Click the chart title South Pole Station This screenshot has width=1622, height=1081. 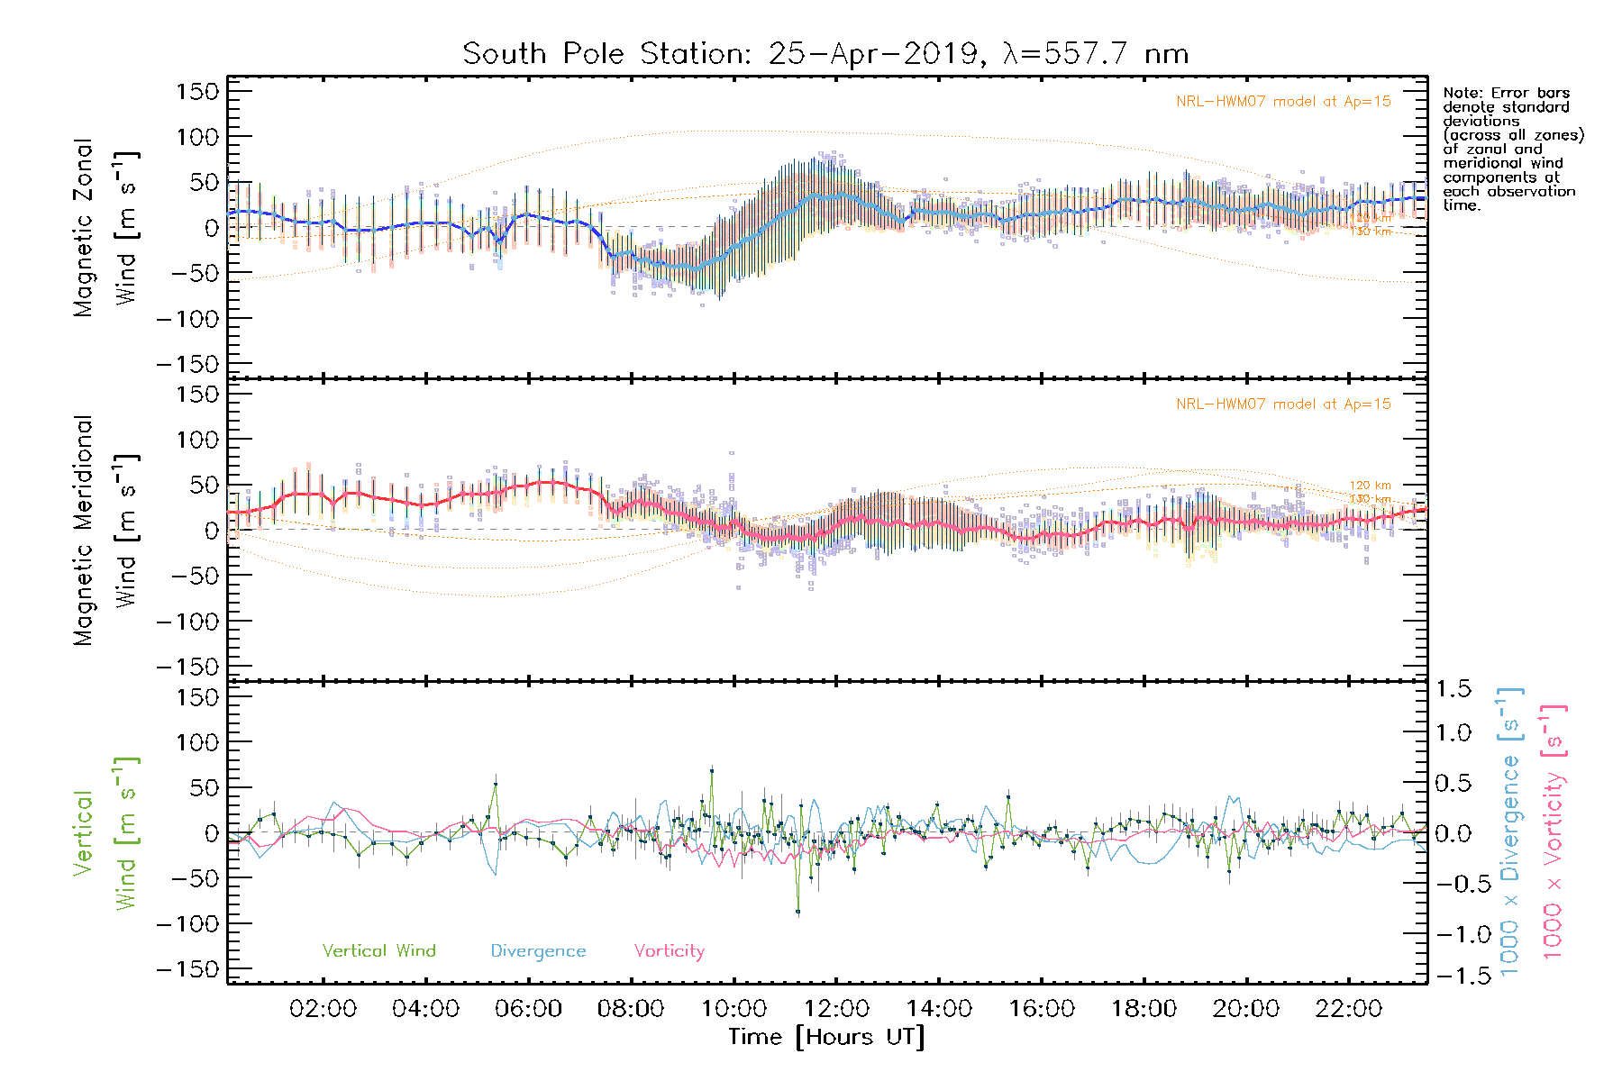(x=825, y=54)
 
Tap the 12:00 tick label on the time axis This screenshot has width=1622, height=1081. (x=836, y=1009)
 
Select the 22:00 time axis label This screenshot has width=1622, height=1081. (x=1348, y=1009)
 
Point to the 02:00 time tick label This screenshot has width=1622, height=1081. (x=323, y=1009)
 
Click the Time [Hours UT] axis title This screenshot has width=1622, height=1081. (x=826, y=1038)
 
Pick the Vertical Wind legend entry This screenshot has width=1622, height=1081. (x=378, y=951)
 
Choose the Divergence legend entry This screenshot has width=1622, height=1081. (x=538, y=951)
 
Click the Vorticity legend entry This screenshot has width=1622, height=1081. (x=669, y=951)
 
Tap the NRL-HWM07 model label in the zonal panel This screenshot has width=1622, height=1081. (x=1283, y=102)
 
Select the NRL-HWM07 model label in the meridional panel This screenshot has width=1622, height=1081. (x=1283, y=404)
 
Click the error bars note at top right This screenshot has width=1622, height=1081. (x=1512, y=149)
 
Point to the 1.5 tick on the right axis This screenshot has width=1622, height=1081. (x=1453, y=690)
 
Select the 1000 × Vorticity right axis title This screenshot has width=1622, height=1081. (x=1554, y=832)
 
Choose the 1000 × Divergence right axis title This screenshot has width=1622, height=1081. (x=1510, y=832)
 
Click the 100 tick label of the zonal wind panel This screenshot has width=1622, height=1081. (x=197, y=138)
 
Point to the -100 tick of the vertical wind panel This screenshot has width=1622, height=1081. (x=187, y=924)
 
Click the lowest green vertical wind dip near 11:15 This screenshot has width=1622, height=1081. (x=797, y=913)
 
